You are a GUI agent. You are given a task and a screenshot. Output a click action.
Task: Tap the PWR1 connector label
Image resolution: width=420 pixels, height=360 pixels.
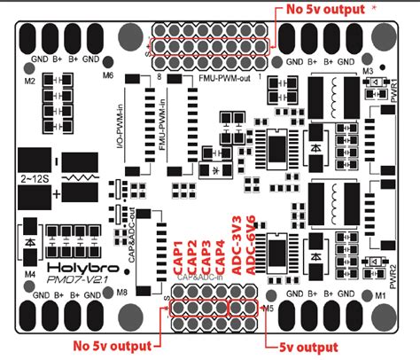[394, 95]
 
